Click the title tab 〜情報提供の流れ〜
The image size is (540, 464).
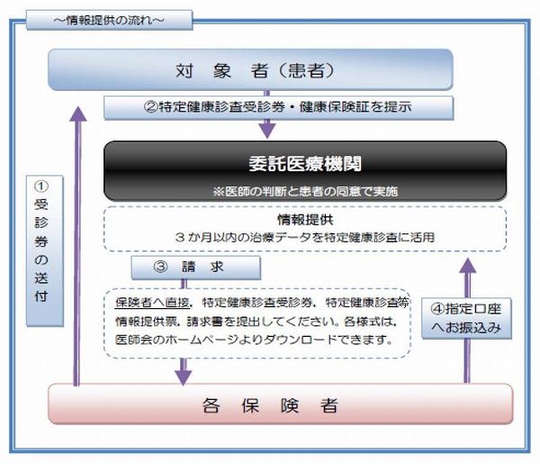coord(110,21)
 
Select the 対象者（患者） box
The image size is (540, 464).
coord(250,69)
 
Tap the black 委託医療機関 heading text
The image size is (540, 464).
coord(305,163)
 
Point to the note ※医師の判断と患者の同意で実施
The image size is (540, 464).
coord(305,191)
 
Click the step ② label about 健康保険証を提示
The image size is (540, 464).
coord(279,107)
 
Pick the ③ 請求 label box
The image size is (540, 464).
coord(196,268)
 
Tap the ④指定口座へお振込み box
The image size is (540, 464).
coord(466,318)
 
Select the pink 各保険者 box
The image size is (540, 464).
coord(281,404)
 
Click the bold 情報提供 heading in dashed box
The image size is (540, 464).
coord(305,220)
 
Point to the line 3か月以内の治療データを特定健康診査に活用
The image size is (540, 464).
coord(305,237)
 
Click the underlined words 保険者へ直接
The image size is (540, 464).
coord(152,303)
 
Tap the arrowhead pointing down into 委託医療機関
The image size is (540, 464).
coord(267,131)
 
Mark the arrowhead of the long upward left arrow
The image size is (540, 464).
coord(78,114)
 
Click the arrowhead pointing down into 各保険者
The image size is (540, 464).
coord(184,378)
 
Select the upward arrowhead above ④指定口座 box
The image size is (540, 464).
coord(468,266)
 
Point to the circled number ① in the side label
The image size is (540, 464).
coord(41,187)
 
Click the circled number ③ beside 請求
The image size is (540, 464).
coord(160,267)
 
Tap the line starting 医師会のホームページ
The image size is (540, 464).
coord(254,340)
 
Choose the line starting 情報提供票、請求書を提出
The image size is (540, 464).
coord(256,322)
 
